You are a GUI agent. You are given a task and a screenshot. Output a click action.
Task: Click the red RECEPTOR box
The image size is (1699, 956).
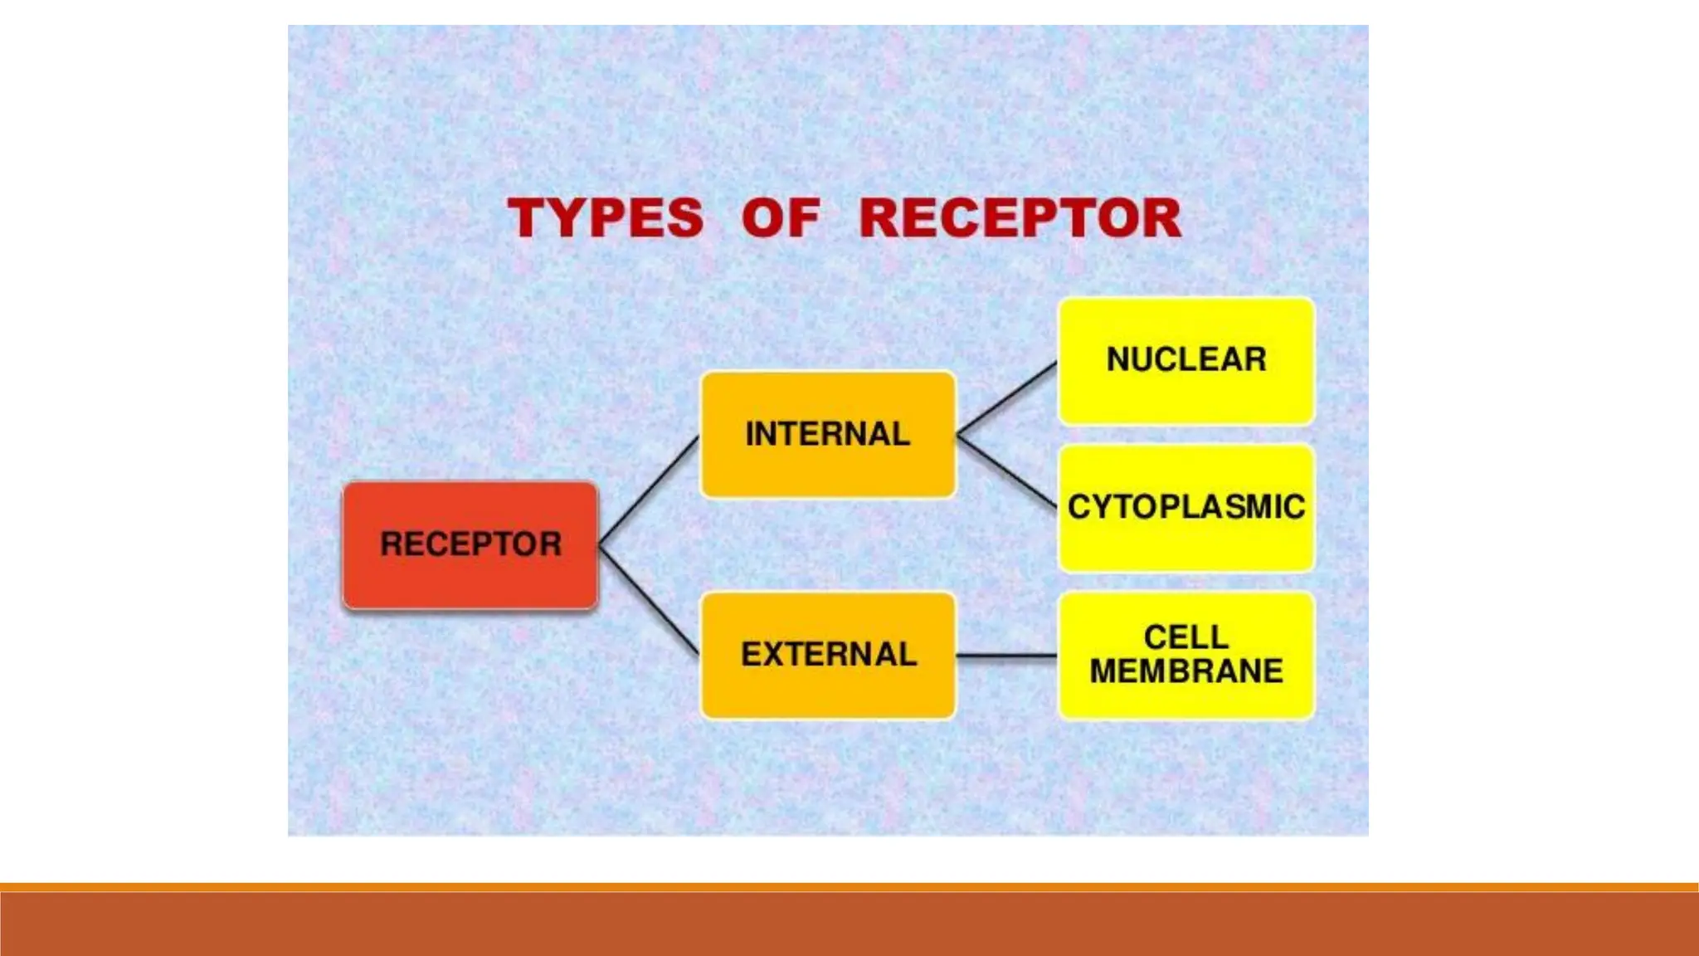coord(470,581)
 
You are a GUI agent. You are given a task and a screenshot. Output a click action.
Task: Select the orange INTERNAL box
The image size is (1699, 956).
coord(828,469)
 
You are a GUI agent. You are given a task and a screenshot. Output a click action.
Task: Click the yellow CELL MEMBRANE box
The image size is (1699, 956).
coord(1186,701)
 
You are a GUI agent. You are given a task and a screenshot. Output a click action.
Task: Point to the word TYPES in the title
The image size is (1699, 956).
coord(606,218)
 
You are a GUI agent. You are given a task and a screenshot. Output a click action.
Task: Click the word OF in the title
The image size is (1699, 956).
coord(781,218)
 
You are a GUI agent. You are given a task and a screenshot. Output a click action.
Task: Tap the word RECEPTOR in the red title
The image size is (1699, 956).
coord(1020,218)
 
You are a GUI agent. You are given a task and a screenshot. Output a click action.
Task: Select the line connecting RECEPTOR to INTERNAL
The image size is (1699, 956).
coord(649,490)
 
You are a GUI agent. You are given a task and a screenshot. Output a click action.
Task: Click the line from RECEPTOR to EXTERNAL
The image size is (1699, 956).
coord(649,599)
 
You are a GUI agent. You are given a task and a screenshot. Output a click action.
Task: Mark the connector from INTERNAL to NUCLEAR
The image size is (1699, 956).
coord(1007,398)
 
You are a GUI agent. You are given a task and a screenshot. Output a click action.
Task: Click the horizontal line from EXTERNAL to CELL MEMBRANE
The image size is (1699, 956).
coord(1007,656)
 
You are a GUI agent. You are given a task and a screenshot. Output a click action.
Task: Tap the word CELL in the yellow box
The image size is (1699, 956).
coord(1186,637)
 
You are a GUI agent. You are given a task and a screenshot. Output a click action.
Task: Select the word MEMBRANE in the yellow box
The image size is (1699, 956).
coord(1186,671)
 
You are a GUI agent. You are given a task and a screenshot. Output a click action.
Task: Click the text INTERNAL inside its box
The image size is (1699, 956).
coord(828,434)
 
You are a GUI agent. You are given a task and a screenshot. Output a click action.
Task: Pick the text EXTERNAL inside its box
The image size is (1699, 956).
coord(829,655)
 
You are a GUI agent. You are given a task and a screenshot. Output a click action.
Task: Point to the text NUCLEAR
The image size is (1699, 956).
coord(1186,359)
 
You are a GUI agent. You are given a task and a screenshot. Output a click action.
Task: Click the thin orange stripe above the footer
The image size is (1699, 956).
coord(849,887)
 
